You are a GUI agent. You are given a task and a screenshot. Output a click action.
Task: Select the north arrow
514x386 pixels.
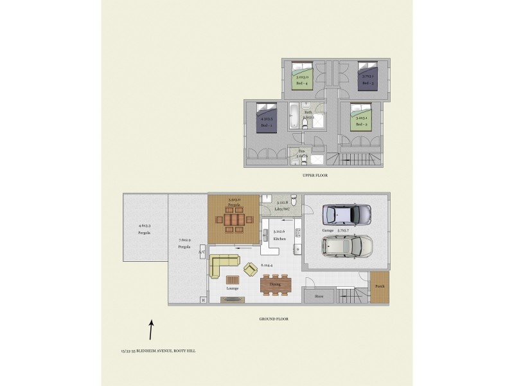click(151, 330)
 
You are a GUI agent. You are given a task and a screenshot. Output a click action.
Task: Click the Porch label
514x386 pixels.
click(380, 287)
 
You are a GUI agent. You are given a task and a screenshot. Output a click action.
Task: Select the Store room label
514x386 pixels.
click(319, 297)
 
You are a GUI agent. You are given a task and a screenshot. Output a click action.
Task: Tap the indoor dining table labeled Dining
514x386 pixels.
click(276, 284)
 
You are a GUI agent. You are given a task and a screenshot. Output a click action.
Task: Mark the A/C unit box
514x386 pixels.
click(202, 252)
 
